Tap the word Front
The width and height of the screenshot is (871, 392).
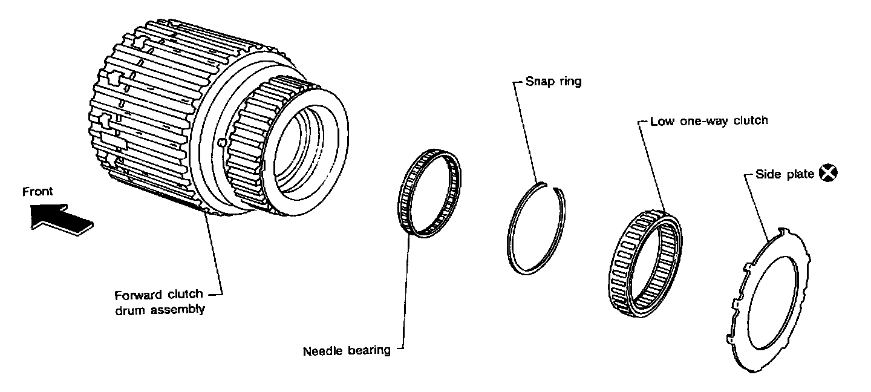38,192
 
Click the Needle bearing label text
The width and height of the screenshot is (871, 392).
347,351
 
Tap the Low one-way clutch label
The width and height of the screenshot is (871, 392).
709,120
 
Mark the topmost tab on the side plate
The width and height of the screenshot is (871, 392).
783,231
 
